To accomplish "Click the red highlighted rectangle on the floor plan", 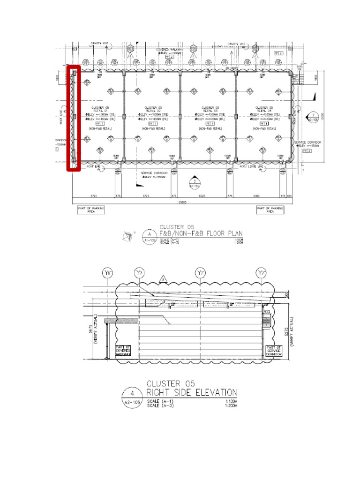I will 74,118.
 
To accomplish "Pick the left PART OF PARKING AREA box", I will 91,210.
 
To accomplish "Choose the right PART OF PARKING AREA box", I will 270,210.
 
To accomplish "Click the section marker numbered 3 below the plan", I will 194,182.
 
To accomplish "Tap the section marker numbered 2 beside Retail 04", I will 313,116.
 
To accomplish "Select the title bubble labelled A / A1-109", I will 150,236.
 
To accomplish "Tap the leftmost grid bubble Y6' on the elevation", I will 109,273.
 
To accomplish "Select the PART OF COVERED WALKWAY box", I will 122,351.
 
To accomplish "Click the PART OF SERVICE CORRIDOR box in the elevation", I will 273,351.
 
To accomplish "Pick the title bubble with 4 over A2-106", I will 132,397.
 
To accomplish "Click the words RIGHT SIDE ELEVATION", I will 192,392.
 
